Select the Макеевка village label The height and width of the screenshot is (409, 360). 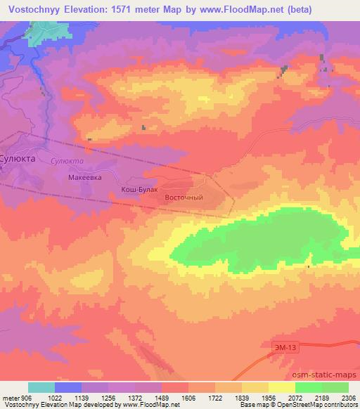[85, 178]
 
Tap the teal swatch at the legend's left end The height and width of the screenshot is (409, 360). [41, 387]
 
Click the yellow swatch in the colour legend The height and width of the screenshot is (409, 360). [282, 387]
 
